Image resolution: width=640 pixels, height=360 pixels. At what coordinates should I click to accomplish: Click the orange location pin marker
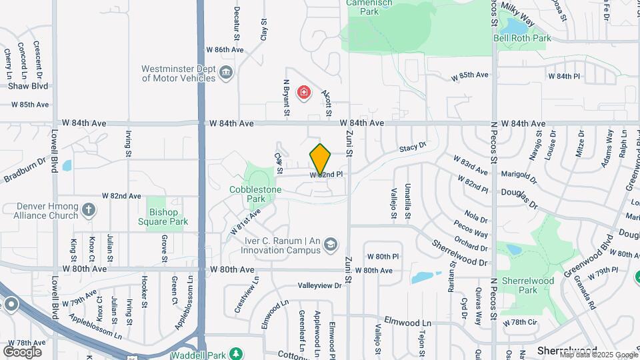tap(320, 159)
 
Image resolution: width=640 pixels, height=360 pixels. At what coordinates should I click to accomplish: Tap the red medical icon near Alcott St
tap(304, 92)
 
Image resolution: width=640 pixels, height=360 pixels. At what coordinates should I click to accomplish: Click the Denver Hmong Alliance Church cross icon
tap(89, 211)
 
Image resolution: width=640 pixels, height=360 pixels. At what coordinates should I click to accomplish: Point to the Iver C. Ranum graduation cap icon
tap(329, 245)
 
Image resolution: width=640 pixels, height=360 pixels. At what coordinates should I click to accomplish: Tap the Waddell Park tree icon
tap(234, 353)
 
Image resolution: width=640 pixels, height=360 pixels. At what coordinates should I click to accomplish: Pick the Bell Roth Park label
tap(522, 39)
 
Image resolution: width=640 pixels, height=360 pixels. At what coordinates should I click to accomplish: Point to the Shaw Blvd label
tap(24, 86)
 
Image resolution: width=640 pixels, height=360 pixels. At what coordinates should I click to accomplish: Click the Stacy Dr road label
tap(412, 147)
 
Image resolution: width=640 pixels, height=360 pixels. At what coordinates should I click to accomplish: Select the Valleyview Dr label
tap(319, 285)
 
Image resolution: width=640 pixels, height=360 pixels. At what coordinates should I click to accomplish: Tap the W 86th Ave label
tap(225, 50)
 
